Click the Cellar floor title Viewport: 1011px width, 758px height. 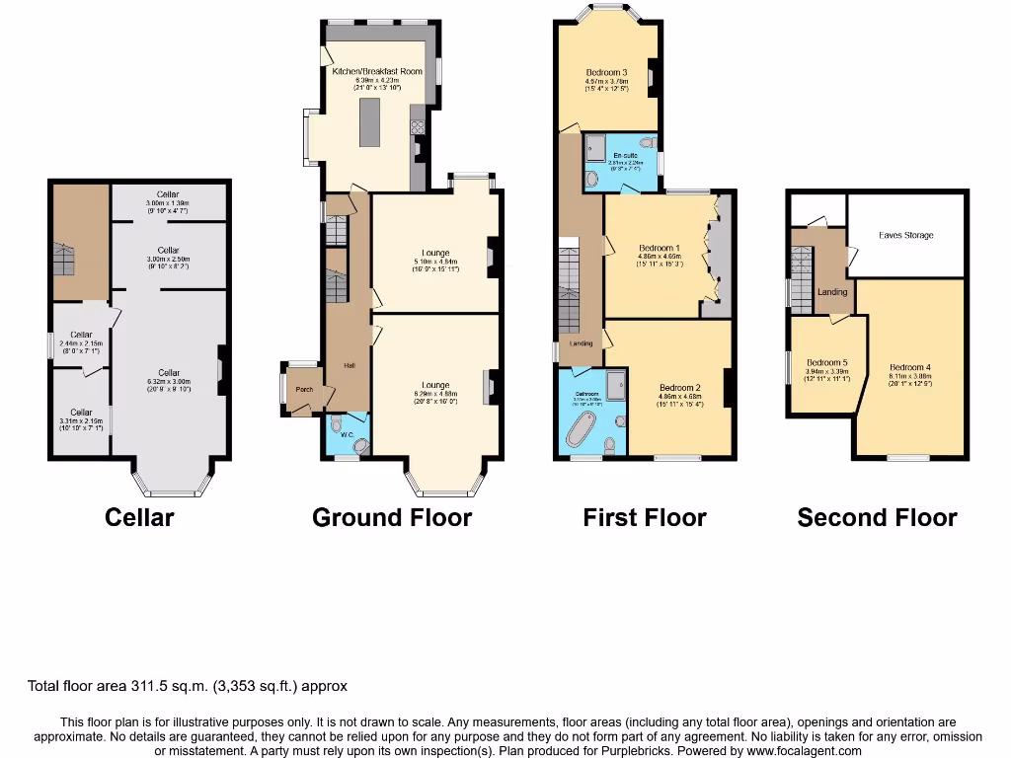click(x=139, y=517)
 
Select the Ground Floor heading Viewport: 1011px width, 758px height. click(x=392, y=517)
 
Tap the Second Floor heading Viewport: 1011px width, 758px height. click(x=877, y=517)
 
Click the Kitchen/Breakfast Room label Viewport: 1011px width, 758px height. click(x=376, y=72)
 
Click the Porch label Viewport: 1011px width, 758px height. click(x=304, y=389)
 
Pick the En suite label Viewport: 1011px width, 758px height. click(x=625, y=155)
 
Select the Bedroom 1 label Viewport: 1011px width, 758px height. click(x=659, y=248)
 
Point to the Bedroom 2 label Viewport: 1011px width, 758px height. click(x=679, y=388)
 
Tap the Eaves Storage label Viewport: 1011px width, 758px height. click(x=905, y=235)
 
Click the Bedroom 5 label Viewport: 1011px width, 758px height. click(x=826, y=362)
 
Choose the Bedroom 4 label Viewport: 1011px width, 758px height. click(x=909, y=367)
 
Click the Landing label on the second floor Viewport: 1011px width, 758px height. click(x=832, y=292)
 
